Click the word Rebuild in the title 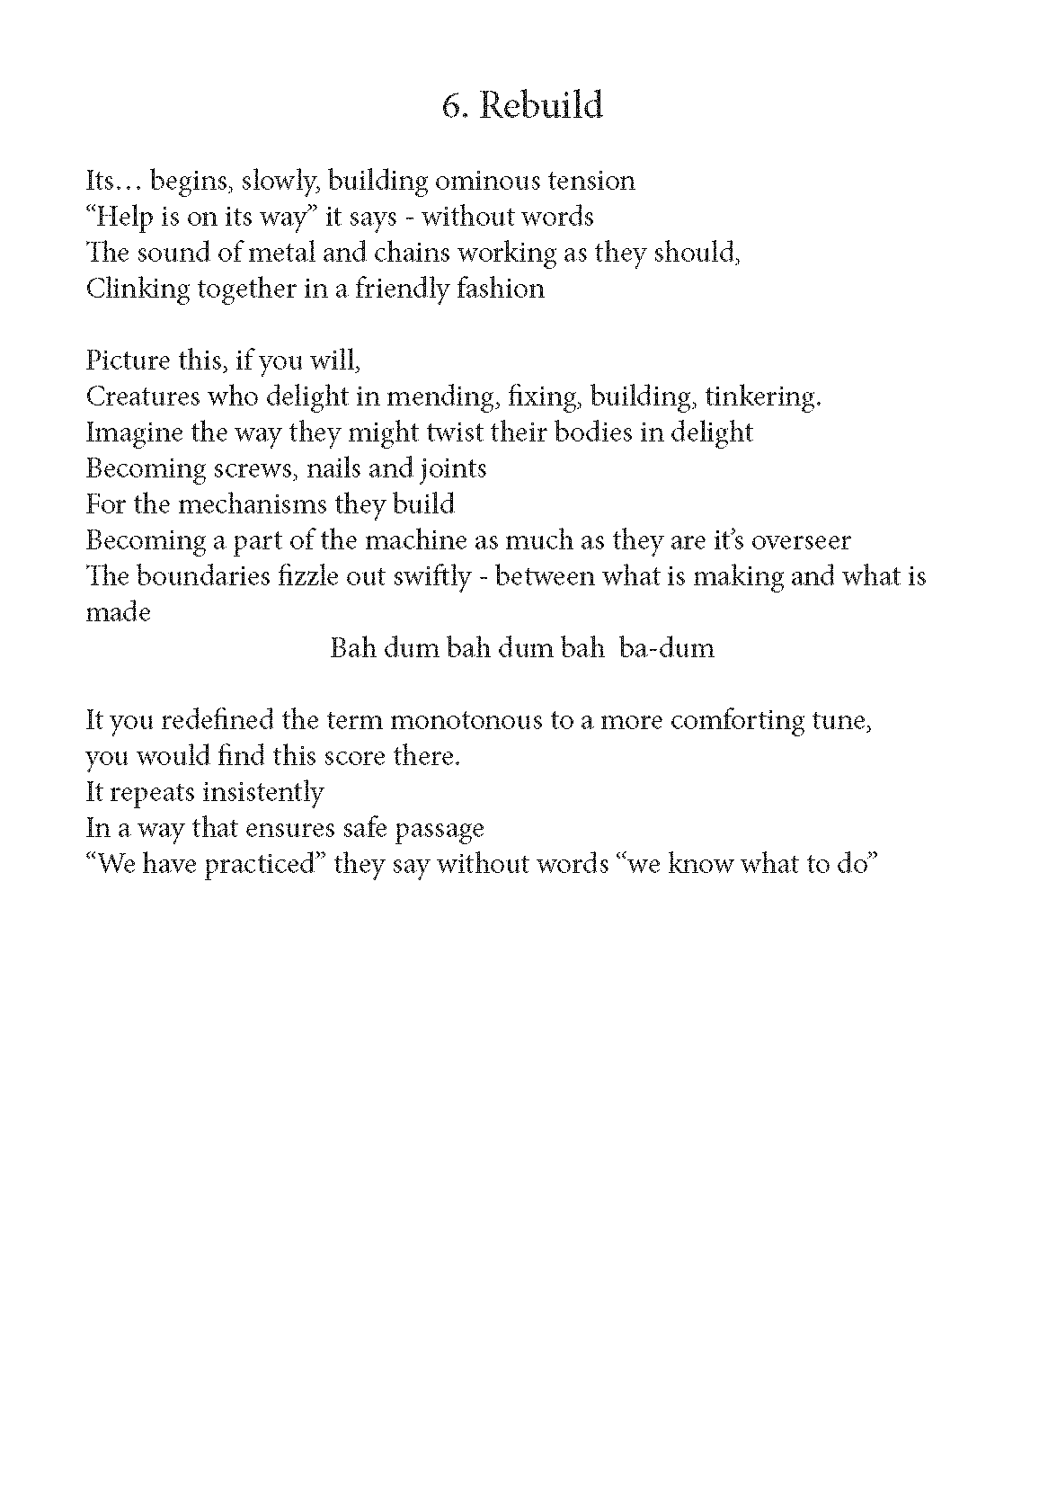pos(541,106)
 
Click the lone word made pos(118,612)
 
